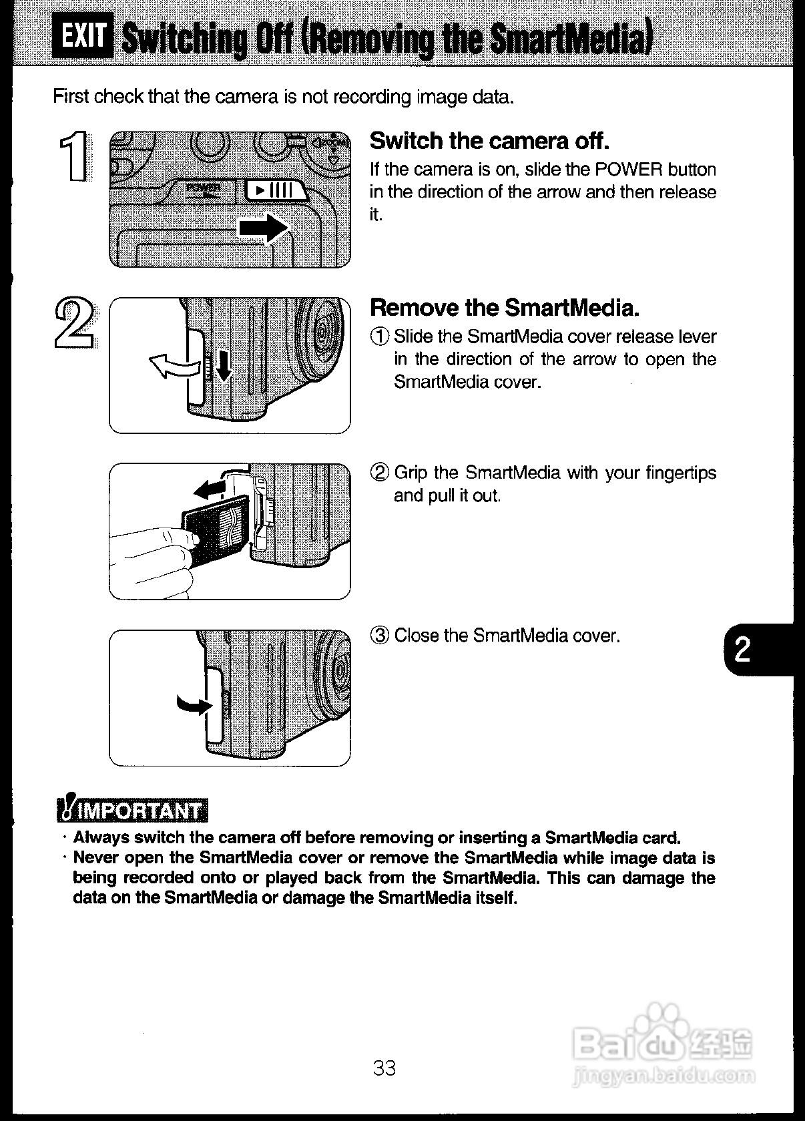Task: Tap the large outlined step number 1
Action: pos(73,157)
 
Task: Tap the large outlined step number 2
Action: pos(74,322)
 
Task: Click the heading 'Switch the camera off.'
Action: pos(489,141)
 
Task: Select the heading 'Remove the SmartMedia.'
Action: pos(505,308)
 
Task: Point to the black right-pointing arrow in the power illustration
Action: pos(263,228)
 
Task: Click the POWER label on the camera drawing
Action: pos(202,188)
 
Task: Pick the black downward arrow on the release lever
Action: pos(224,366)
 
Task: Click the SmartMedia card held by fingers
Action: pos(217,529)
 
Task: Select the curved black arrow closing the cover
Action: pos(193,704)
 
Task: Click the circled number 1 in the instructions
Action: pos(379,337)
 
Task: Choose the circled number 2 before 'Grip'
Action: pos(379,473)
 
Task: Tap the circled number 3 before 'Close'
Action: pos(379,636)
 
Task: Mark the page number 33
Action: pos(384,1069)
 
